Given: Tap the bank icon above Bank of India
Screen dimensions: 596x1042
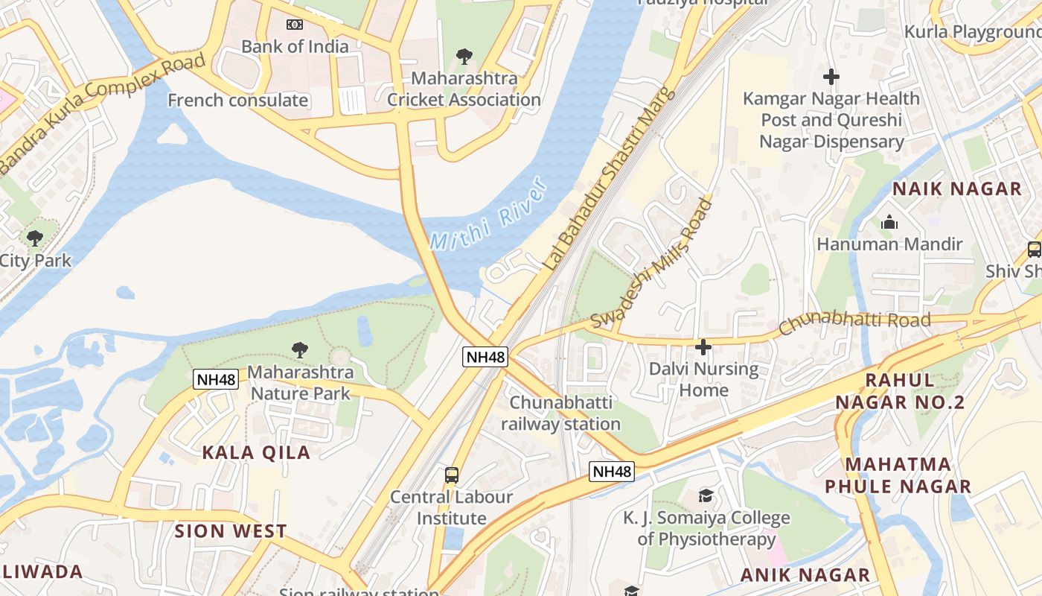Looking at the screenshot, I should tap(295, 25).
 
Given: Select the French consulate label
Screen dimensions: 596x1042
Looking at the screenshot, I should tap(238, 100).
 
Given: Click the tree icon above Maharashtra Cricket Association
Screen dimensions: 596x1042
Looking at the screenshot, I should tap(464, 56).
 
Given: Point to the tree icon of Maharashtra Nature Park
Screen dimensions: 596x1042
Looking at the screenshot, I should tap(300, 349).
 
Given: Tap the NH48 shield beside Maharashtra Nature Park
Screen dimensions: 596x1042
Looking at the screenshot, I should tap(216, 379).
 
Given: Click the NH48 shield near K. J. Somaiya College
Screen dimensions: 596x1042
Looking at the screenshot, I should tap(612, 471).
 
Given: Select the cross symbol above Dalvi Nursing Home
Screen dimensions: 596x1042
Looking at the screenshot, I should tap(703, 346).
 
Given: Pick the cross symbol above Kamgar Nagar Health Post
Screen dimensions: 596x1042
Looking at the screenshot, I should tap(831, 76).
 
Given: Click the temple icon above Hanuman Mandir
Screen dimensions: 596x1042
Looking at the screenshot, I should tap(889, 222).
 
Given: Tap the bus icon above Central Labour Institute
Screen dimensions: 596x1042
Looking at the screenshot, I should tap(451, 475).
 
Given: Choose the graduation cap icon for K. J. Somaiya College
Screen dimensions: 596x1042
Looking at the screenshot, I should tap(706, 495).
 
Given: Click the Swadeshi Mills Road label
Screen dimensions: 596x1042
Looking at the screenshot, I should tap(653, 262).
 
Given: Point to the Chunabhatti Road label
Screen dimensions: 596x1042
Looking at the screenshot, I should tap(854, 323).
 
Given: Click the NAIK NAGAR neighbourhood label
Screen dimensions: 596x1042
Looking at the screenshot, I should tap(957, 189).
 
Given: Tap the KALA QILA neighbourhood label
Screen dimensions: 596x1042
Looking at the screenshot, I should tap(256, 452).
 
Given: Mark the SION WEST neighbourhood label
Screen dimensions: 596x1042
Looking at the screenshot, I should tap(231, 531).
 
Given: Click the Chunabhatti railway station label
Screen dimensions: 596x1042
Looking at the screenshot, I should tap(560, 413).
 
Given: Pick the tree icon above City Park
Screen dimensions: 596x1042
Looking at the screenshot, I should tap(34, 238).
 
